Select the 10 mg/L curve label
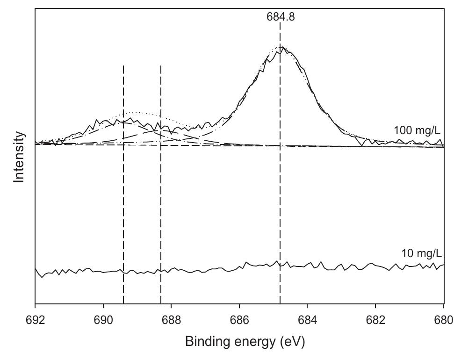point(421,254)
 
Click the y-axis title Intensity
point(19,157)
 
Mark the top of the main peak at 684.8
point(280,47)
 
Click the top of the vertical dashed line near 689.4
point(123,66)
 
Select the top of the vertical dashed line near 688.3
point(161,66)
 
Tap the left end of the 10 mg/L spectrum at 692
point(36,268)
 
